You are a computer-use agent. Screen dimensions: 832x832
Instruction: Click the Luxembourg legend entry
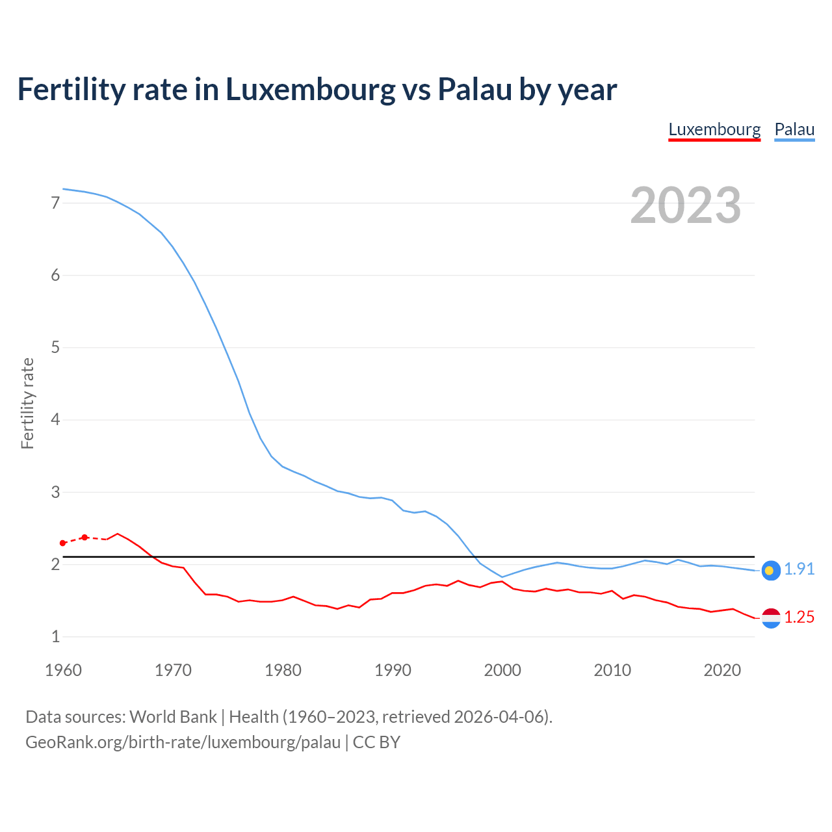pos(714,129)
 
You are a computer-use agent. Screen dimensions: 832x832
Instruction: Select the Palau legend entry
pos(794,129)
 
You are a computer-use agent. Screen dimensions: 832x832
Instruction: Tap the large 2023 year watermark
pos(685,205)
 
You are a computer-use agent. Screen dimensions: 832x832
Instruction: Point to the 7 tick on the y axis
pos(55,203)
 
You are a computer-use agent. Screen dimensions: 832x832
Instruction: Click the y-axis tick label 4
pos(55,419)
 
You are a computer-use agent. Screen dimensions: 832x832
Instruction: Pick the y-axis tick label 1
pos(55,636)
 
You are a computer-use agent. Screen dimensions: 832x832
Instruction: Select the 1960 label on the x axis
pos(63,670)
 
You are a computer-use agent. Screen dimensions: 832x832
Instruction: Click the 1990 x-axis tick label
pos(393,670)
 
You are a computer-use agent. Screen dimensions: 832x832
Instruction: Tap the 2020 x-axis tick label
pos(722,670)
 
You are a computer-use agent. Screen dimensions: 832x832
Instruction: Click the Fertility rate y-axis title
pos(27,403)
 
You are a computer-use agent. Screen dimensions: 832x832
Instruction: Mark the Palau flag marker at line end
pos(771,570)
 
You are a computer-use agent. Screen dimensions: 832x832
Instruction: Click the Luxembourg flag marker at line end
pos(771,618)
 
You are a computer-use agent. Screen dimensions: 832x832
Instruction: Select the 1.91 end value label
pos(799,569)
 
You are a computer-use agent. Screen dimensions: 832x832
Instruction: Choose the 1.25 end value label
pos(799,617)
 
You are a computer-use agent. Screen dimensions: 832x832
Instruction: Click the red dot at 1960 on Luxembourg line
pos(63,543)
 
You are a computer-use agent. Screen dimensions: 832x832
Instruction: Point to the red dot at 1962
pos(84,538)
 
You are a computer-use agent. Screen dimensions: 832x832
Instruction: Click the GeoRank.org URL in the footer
pos(183,742)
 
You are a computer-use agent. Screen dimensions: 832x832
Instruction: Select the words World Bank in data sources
pos(173,717)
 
